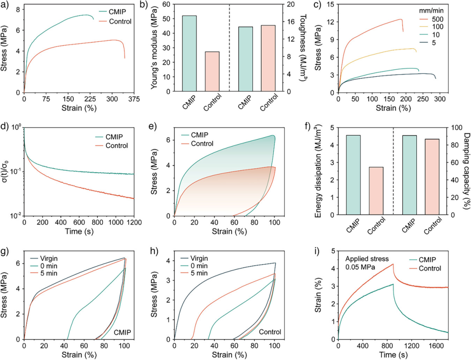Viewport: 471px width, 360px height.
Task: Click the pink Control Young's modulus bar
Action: pos(212,71)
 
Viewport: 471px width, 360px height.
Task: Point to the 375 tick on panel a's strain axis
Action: pos(135,99)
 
